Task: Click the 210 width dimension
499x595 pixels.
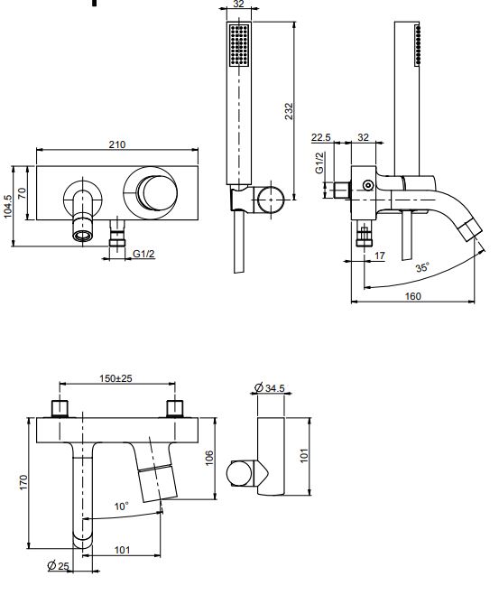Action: click(x=117, y=144)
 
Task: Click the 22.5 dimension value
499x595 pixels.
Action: click(x=321, y=137)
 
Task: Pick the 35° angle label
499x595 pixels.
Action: click(x=422, y=268)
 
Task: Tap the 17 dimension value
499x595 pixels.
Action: click(x=380, y=256)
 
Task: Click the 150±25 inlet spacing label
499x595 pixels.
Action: click(x=116, y=379)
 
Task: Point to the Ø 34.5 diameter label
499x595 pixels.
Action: click(x=270, y=387)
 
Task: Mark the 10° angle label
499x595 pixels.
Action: click(x=121, y=506)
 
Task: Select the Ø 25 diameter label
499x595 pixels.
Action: click(x=59, y=566)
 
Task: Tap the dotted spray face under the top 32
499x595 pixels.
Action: click(x=239, y=45)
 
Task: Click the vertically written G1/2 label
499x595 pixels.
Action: click(x=319, y=163)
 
